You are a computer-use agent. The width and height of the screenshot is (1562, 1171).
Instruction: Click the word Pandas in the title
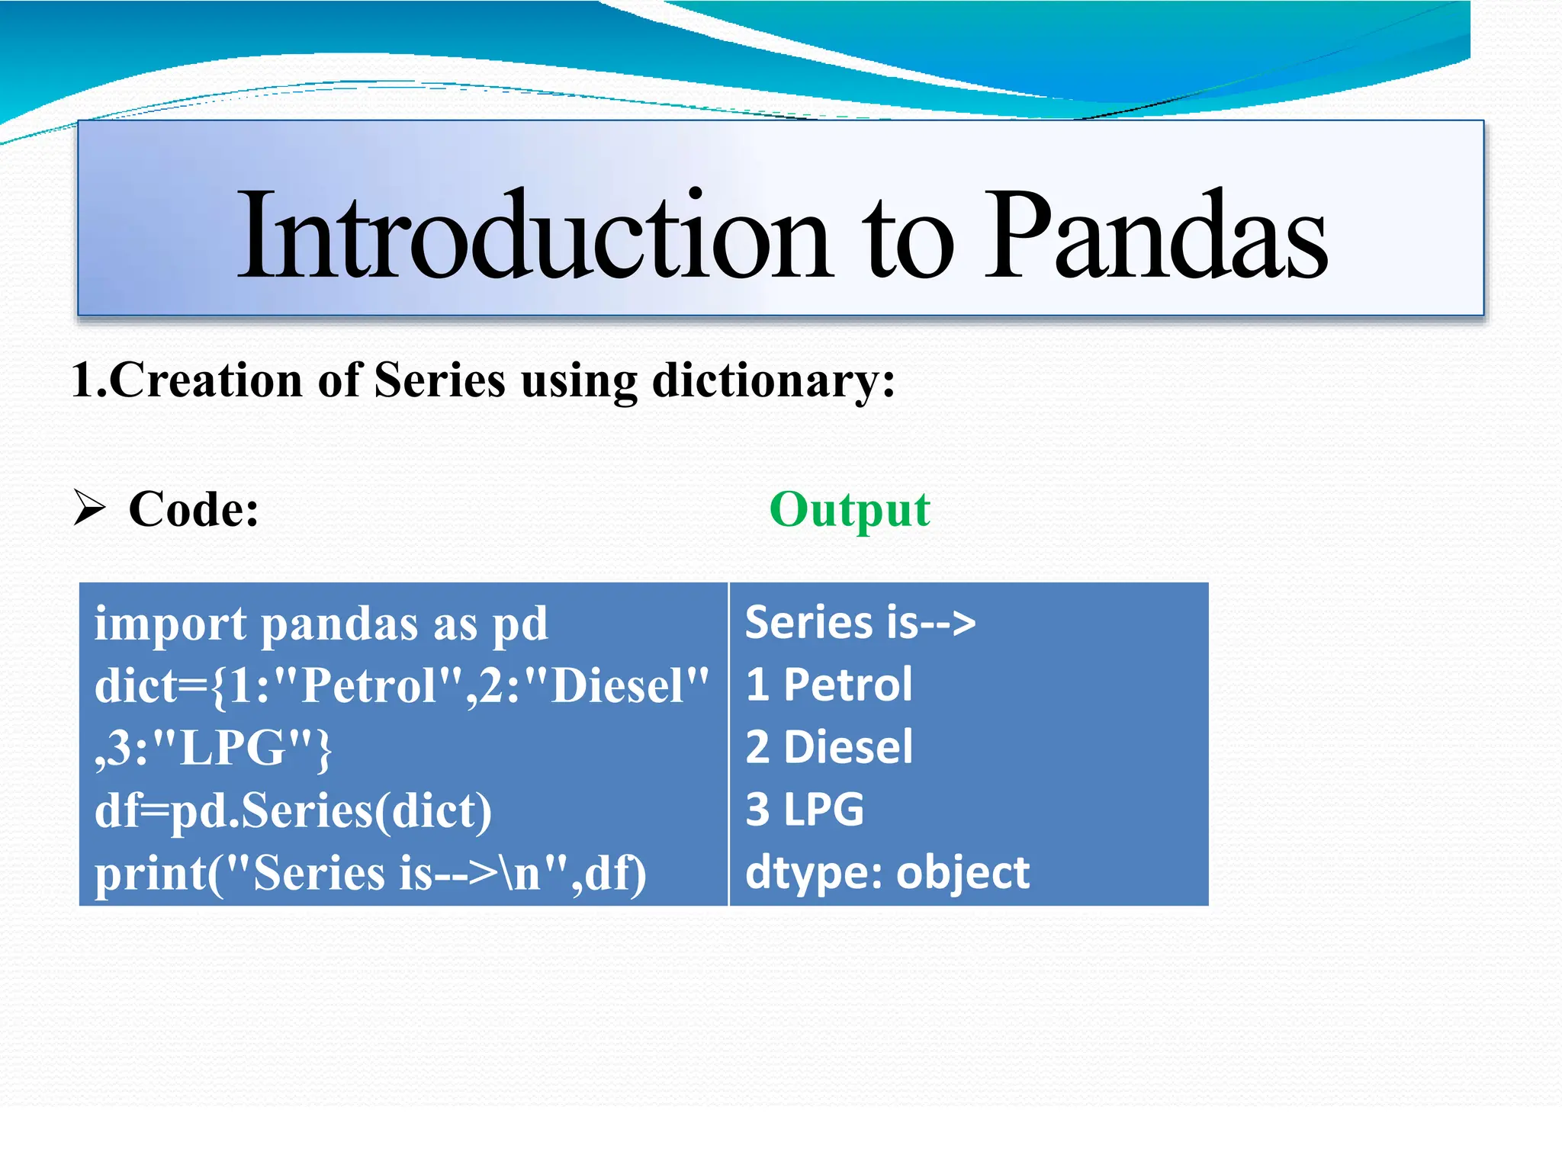click(x=1155, y=235)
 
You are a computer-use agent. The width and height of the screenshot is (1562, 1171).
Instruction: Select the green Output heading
click(x=849, y=509)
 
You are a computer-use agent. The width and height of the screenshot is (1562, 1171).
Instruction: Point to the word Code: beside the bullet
click(x=194, y=509)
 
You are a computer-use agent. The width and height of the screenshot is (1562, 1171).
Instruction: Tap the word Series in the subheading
click(x=440, y=380)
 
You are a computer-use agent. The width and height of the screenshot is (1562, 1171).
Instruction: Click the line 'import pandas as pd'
click(x=320, y=624)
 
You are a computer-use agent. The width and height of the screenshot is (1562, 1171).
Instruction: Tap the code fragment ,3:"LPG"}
click(x=214, y=748)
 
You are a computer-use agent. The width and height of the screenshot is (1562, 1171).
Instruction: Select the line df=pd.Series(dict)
click(x=293, y=810)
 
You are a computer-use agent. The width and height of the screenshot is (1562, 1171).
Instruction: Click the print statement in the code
click(x=370, y=873)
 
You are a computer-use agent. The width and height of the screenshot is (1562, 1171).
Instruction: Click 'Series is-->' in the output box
click(x=860, y=623)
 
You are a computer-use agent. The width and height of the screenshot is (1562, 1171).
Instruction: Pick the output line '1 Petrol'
click(x=828, y=685)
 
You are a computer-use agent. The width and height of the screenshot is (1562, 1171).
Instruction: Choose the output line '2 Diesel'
click(x=828, y=747)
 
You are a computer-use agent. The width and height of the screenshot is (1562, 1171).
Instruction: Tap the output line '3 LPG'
click(x=805, y=810)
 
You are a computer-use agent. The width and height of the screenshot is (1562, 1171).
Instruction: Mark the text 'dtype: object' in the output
click(x=886, y=873)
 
